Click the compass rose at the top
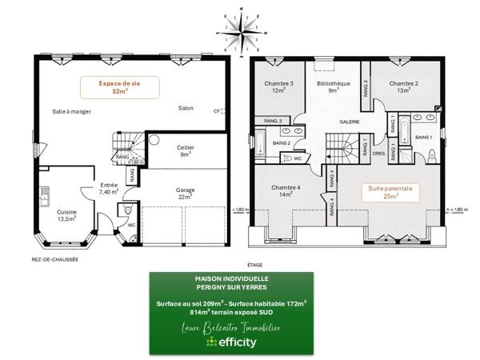239,30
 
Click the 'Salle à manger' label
71,111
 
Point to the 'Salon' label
186,108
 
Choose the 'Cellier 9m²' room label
185,151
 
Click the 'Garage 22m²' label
185,194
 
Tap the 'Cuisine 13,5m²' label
66,214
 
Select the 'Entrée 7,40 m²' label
108,189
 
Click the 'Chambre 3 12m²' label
278,86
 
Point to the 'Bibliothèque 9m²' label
332,86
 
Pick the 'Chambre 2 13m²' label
405,86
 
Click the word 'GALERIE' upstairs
349,122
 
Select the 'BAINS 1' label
425,138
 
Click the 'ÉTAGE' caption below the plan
255,263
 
